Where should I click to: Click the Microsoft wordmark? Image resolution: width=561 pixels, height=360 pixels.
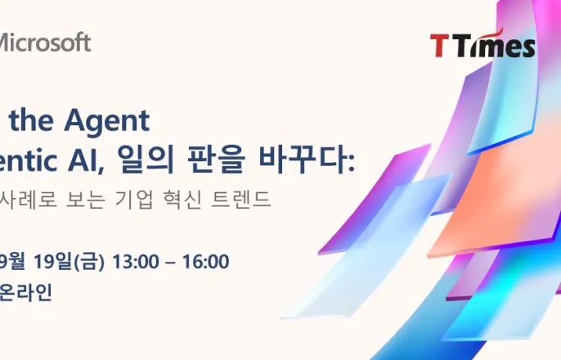pos(44,43)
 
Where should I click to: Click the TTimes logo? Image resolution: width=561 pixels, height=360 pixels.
pos(482,45)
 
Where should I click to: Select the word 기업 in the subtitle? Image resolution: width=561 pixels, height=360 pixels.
pos(152,199)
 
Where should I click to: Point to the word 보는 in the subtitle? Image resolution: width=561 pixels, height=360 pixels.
pos(97,199)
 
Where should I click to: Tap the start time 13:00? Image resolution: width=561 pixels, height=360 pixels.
pos(137,262)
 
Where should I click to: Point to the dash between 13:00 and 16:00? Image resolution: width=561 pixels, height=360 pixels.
pos(171,262)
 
